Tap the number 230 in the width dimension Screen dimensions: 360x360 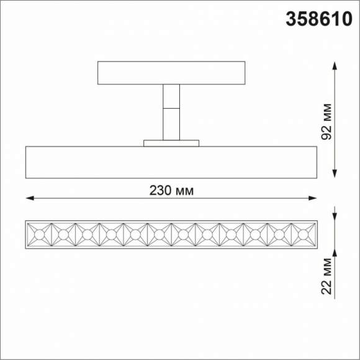tap(159, 191)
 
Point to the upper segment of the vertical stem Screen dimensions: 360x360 tap(171, 97)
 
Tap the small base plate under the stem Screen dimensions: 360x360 tap(171, 143)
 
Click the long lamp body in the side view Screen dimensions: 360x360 tap(171, 163)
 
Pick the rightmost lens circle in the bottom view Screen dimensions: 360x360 tap(304, 235)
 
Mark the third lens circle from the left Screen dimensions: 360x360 tap(87, 235)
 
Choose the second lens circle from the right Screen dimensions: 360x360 tap(279, 235)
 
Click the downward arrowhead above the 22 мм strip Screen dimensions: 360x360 tap(335, 217)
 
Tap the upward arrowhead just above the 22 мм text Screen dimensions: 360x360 tap(335, 252)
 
